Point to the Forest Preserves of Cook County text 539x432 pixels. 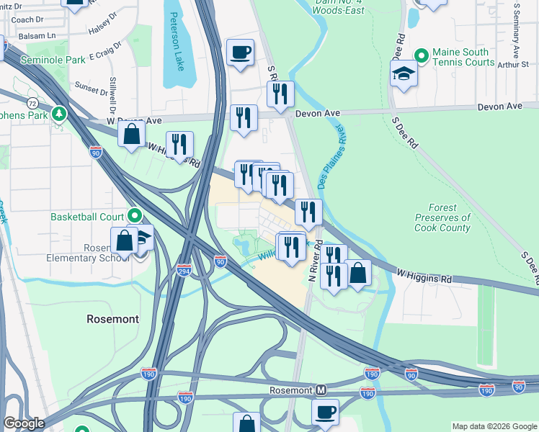point(442,217)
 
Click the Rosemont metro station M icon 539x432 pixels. point(321,390)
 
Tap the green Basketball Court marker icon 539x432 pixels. point(134,216)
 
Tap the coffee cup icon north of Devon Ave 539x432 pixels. point(240,52)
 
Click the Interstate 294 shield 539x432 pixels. point(184,270)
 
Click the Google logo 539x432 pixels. point(24,423)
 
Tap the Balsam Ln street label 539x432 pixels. point(18,35)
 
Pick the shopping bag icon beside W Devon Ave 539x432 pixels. point(131,134)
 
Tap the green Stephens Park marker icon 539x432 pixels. point(61,114)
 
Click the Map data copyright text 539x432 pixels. point(494,426)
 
